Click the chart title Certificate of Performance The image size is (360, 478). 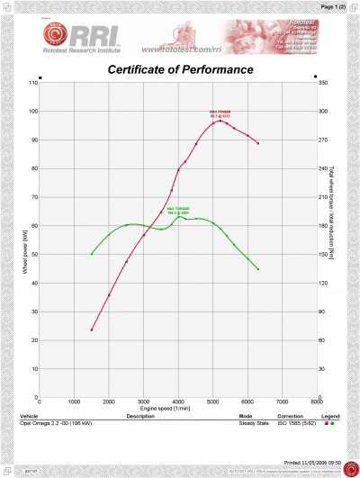(x=180, y=69)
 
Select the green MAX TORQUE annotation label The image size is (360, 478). (x=175, y=210)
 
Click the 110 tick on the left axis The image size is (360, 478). (x=33, y=83)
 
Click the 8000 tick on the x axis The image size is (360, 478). (x=315, y=402)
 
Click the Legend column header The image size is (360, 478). (x=330, y=416)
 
